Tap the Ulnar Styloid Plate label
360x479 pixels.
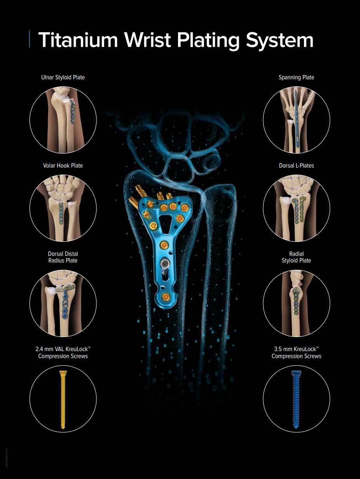click(x=63, y=77)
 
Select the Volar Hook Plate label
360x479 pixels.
click(x=63, y=166)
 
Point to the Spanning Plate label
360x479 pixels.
click(x=296, y=77)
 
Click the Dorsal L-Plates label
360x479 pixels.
click(x=296, y=166)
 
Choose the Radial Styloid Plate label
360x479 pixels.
click(x=296, y=257)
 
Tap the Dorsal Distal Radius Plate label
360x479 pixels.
click(x=63, y=257)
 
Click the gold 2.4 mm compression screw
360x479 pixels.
click(x=63, y=400)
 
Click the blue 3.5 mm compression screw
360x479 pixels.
click(x=296, y=400)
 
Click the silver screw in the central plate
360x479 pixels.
click(x=164, y=265)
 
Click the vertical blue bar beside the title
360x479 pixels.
click(x=30, y=39)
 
